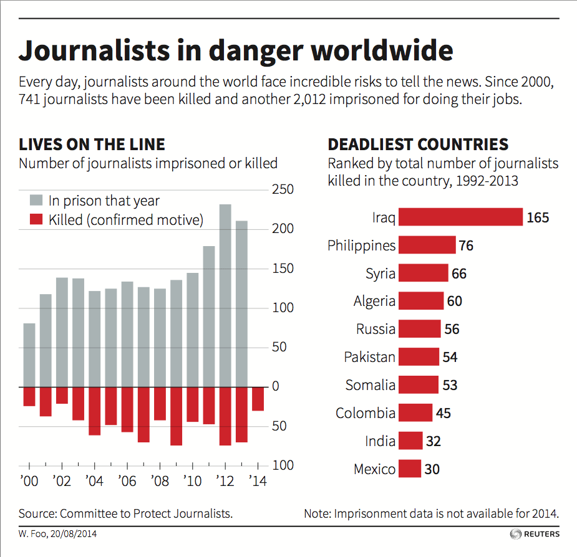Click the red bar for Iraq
click(x=460, y=217)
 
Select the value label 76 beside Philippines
click(x=466, y=245)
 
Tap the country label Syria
click(x=380, y=274)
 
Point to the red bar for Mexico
click(x=409, y=469)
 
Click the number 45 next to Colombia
click(x=444, y=413)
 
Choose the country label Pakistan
click(x=369, y=357)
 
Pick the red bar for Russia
click(x=419, y=329)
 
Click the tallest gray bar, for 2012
click(x=225, y=295)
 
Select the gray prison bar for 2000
click(x=29, y=355)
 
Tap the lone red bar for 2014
click(x=258, y=399)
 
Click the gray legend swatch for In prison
click(x=37, y=201)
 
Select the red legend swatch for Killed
click(x=37, y=219)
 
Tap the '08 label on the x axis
click(x=159, y=482)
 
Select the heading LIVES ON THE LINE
click(x=92, y=145)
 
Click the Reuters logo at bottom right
click(x=535, y=534)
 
